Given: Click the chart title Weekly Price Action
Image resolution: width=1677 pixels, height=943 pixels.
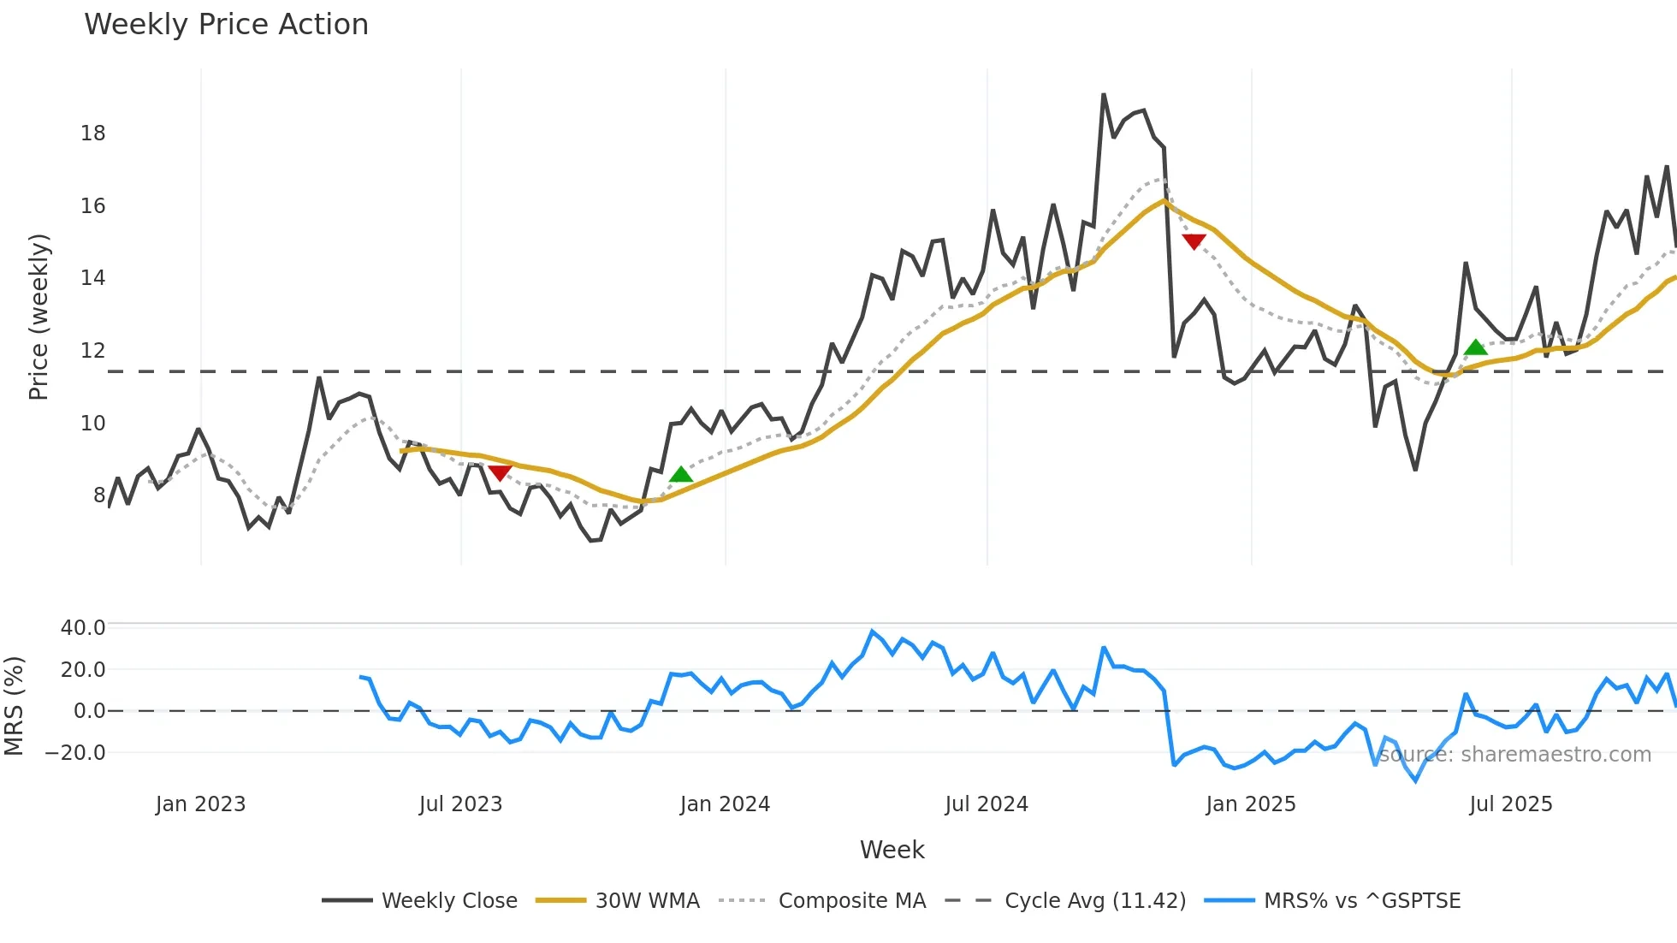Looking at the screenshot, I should [x=226, y=25].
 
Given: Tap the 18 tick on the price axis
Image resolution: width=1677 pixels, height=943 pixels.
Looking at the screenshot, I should [x=92, y=133].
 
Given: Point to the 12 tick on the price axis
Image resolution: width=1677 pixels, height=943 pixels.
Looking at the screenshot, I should [x=92, y=351].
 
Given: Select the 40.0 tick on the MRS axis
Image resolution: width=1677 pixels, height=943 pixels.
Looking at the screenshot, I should [x=83, y=628].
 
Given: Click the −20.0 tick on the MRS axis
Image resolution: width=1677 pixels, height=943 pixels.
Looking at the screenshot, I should [x=75, y=753].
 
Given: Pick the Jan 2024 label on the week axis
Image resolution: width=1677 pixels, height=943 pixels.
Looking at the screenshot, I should [x=725, y=804].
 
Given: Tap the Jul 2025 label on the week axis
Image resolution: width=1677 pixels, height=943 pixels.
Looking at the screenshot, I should [x=1510, y=804].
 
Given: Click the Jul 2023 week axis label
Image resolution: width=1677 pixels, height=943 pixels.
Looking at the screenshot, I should [x=460, y=804].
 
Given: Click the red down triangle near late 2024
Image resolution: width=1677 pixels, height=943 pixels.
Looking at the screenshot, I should [x=1194, y=241].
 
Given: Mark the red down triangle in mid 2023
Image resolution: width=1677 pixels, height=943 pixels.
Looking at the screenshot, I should [x=500, y=472].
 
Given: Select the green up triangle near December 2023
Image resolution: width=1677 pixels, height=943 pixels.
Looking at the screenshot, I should [x=681, y=475].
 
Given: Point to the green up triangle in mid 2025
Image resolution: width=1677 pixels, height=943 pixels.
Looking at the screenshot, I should [x=1476, y=347].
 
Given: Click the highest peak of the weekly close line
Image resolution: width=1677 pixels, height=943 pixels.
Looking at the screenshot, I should [x=1104, y=95].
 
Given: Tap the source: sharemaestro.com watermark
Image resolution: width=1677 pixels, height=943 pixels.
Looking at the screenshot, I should [x=1514, y=755].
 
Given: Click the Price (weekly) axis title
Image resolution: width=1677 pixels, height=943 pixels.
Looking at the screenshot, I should [x=39, y=317].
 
